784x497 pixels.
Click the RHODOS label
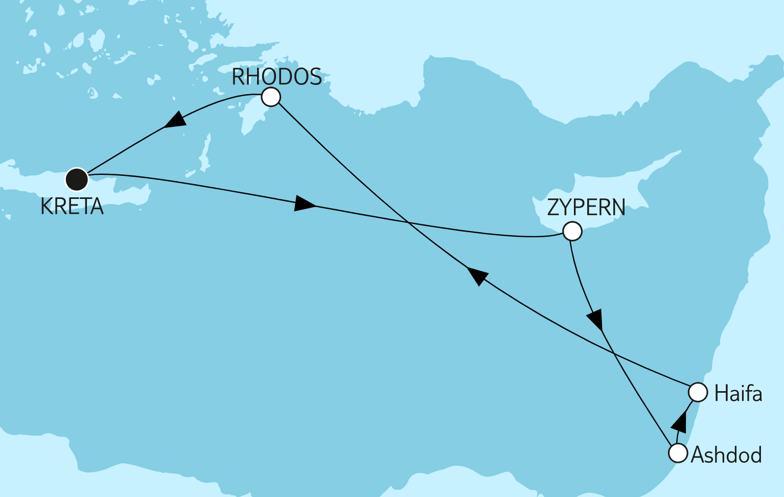pos(276,77)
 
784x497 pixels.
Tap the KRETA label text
pos(72,207)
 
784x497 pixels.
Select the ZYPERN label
pos(586,208)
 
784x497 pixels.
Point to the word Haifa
pos(738,394)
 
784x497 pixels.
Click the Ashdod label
pos(726,455)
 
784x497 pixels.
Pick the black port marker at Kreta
pos(77,179)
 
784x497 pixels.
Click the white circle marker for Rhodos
pos(271,97)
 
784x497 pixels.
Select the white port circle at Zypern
pos(572,231)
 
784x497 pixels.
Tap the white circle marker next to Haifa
pos(698,393)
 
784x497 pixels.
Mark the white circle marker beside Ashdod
pos(678,453)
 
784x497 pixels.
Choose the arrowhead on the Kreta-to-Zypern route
pos(305,203)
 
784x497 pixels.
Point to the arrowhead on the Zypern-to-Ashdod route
pos(596,320)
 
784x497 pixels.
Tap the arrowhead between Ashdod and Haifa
pos(679,421)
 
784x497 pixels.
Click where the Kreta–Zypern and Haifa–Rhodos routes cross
pos(408,222)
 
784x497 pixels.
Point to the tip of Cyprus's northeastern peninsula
pos(680,151)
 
